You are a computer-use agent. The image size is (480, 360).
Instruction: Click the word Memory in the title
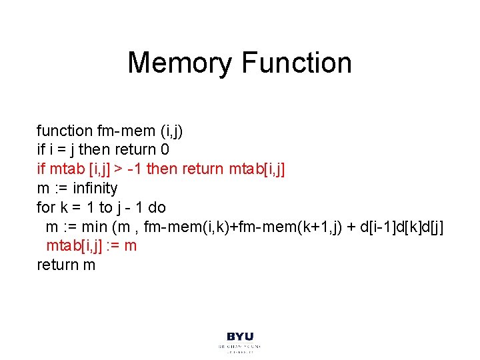click(x=180, y=63)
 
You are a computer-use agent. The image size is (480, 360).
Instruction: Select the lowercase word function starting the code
click(x=65, y=130)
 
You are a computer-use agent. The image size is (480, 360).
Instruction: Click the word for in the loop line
click(x=45, y=207)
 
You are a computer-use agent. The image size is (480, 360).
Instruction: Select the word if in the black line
click(x=41, y=149)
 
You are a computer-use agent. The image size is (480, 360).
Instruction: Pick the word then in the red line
click(x=162, y=169)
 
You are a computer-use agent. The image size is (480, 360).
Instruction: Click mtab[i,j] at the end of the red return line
click(x=257, y=169)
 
